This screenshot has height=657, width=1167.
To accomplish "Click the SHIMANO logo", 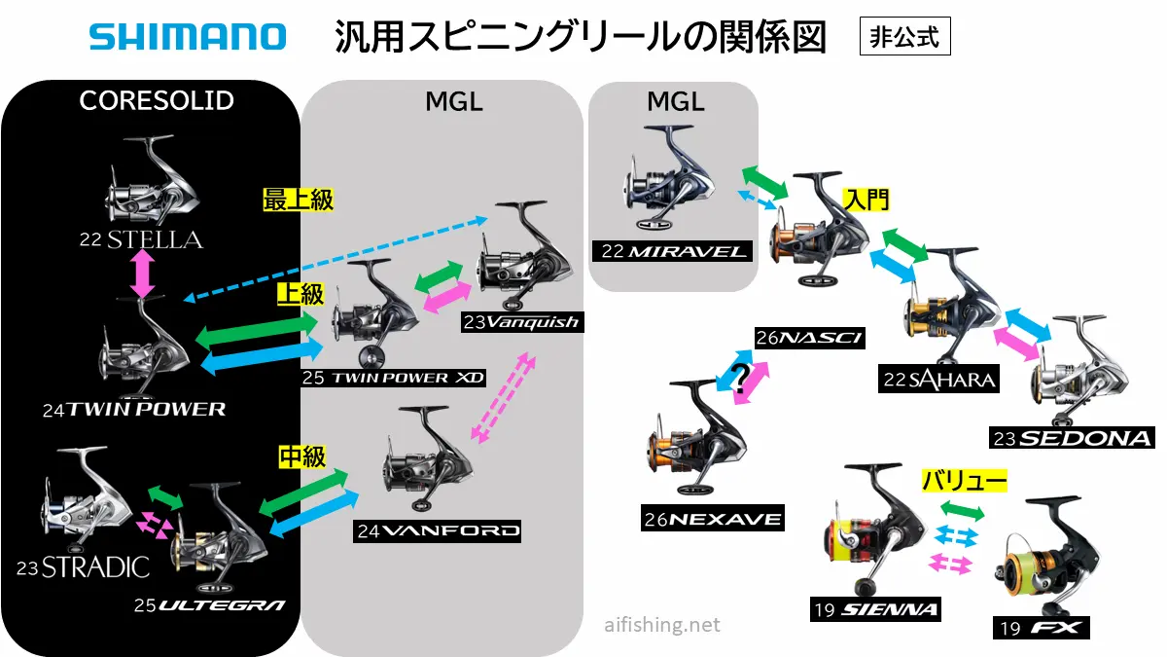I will pos(188,38).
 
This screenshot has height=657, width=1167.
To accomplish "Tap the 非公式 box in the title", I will pos(903,38).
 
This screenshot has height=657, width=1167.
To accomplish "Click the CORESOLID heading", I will pos(157,100).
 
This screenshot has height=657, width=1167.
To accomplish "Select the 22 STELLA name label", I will pos(142,239).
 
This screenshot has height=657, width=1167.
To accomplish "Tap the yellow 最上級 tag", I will pos(299,201).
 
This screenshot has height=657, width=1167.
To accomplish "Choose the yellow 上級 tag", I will pos(300,294).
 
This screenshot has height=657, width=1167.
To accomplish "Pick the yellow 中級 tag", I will pos(301,456).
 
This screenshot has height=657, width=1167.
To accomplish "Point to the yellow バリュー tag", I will pos(964,480).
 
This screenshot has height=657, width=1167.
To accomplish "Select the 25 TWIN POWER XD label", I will pos(393,377).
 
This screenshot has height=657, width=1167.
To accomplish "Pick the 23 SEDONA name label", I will pos(1070,438).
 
